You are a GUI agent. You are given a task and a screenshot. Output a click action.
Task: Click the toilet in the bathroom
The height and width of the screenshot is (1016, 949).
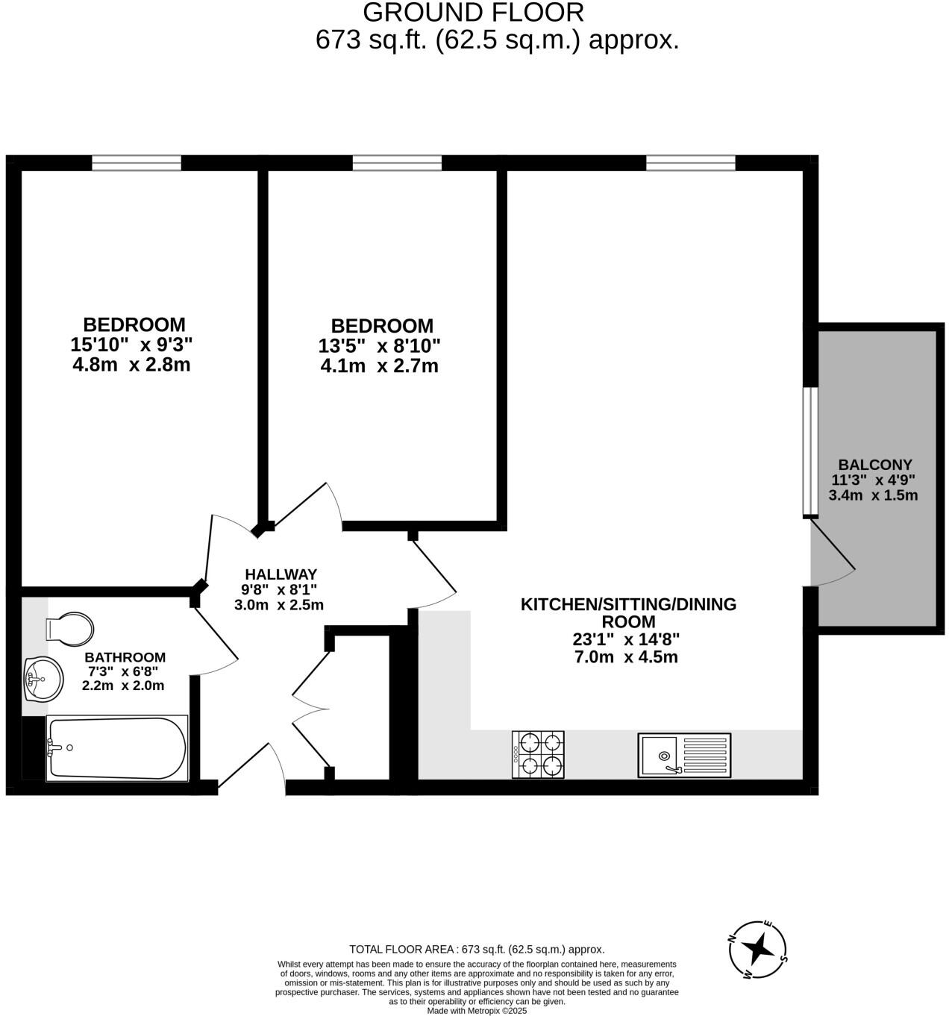(x=69, y=627)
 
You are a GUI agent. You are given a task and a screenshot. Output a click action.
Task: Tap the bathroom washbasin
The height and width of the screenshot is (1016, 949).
(x=43, y=679)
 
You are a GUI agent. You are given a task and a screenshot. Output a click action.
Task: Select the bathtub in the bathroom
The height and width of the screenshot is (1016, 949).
(x=116, y=747)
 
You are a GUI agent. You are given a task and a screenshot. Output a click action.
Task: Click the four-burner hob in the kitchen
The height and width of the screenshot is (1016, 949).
(x=537, y=754)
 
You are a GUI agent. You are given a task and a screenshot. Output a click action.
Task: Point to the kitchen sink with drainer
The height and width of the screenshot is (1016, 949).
(x=683, y=755)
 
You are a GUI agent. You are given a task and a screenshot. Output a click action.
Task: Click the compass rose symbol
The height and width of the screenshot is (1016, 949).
(x=759, y=949)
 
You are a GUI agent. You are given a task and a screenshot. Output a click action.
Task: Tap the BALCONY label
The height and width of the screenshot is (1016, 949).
(x=874, y=464)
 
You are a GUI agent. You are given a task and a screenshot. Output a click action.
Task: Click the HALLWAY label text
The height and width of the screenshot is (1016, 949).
(x=281, y=574)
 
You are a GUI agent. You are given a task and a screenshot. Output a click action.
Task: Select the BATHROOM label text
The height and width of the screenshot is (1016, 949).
(x=125, y=657)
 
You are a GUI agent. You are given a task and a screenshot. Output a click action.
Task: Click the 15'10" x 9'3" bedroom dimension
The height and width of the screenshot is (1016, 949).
(x=131, y=345)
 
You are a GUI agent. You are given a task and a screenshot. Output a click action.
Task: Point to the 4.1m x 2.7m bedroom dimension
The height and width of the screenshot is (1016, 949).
(x=379, y=366)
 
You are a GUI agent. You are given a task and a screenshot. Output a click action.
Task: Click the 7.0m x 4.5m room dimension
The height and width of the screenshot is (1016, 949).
(x=627, y=657)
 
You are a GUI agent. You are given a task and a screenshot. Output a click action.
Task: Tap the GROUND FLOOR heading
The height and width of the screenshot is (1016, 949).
(x=473, y=13)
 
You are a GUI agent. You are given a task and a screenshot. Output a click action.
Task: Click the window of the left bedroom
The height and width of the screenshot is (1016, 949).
(x=137, y=163)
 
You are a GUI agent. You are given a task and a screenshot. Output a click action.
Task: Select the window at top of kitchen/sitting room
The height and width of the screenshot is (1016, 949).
(x=690, y=163)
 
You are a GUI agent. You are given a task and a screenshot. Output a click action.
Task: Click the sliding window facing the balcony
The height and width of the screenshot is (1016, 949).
(x=810, y=451)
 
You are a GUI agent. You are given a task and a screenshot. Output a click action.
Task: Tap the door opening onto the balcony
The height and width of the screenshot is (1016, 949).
(x=831, y=552)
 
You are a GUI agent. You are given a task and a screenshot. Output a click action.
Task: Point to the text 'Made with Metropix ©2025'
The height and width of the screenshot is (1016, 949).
(x=477, y=1011)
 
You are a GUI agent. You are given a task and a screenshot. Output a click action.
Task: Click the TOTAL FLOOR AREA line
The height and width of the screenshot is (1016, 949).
(x=477, y=950)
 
